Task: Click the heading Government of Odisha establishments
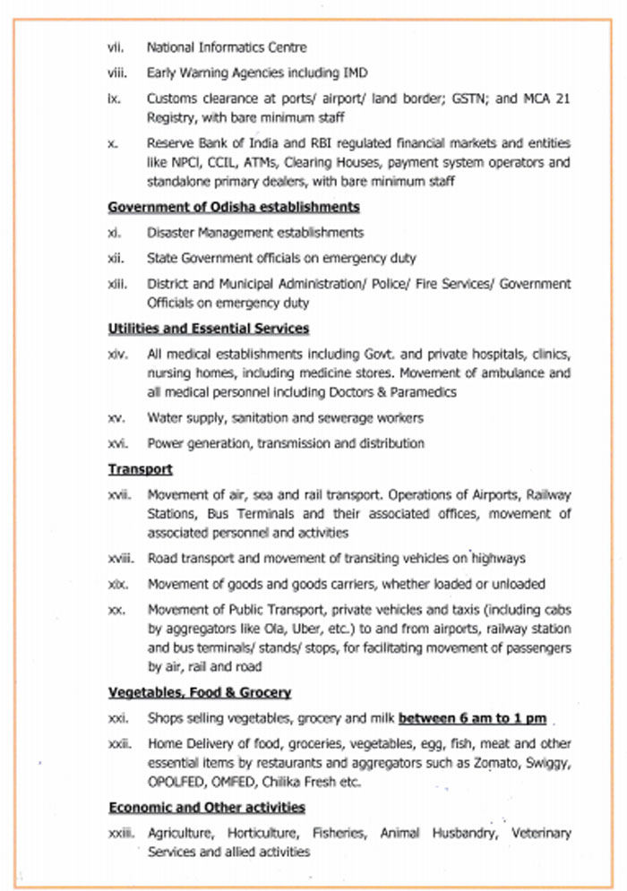[234, 208]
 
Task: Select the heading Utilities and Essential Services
[209, 329]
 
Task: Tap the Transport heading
[141, 469]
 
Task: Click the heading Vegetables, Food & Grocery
[200, 692]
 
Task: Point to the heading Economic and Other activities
[207, 808]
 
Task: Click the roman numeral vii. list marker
[114, 47]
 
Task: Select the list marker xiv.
[116, 355]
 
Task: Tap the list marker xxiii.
[120, 834]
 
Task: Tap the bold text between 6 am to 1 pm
[472, 718]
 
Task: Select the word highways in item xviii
[490, 559]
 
